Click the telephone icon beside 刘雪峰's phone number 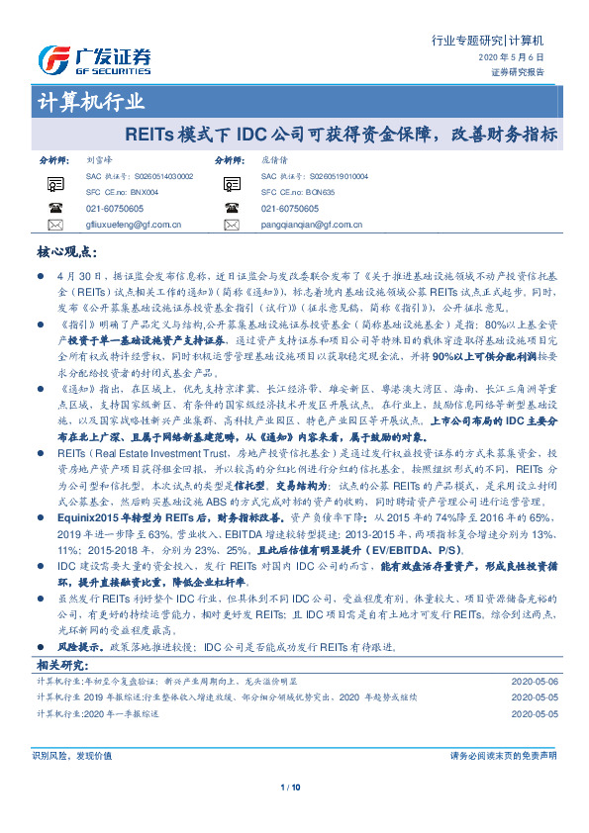click(53, 209)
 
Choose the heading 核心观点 click(63, 253)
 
